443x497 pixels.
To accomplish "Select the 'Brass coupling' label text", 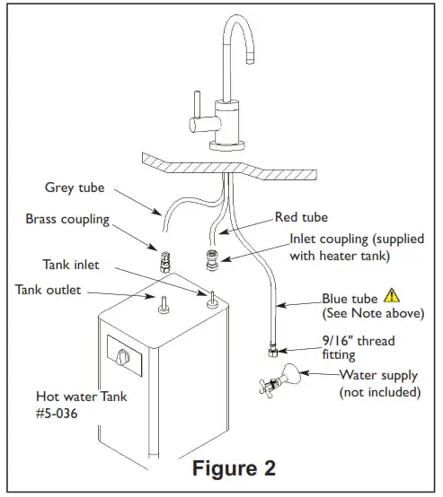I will (x=67, y=218).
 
